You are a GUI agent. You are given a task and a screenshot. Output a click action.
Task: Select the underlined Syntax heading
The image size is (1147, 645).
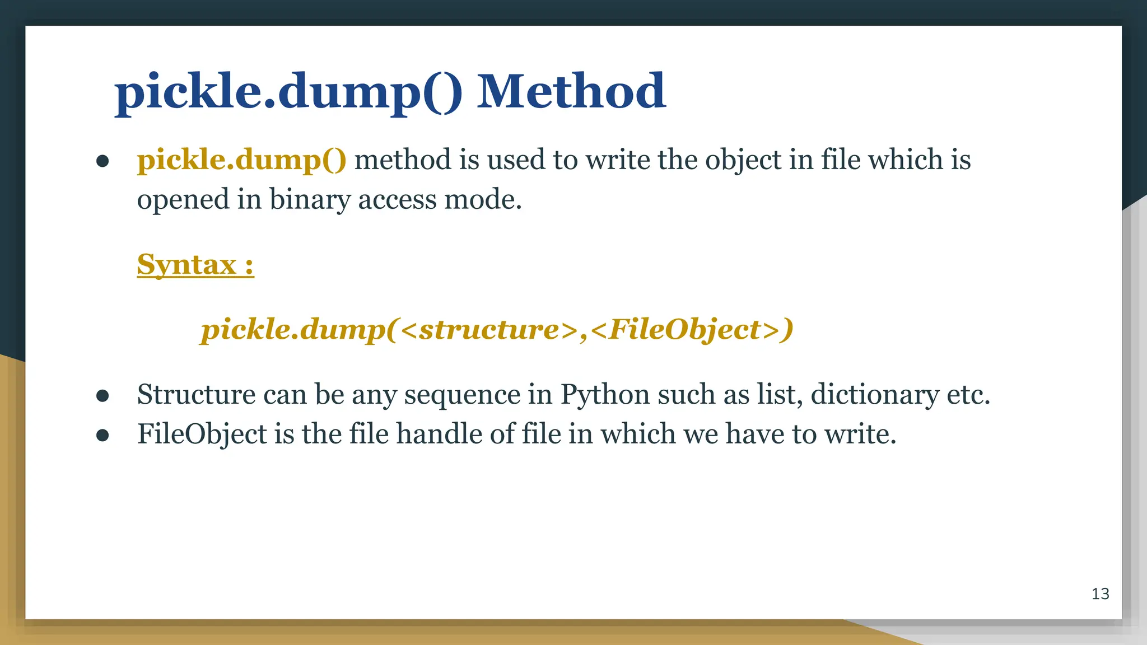point(195,264)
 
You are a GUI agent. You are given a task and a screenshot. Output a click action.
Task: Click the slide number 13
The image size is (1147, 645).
point(1100,593)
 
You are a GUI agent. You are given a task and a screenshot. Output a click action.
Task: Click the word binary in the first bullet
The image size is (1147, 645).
point(310,199)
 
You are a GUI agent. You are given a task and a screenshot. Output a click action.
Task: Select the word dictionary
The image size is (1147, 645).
point(874,395)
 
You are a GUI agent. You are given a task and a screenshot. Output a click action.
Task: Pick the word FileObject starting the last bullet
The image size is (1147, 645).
point(202,434)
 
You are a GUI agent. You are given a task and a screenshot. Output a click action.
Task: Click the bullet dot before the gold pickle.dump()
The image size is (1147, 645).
point(102,161)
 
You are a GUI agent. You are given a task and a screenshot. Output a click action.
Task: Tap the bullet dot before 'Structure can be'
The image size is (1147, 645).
point(102,396)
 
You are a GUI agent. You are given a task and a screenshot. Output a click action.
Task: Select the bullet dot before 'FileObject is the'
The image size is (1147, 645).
point(102,436)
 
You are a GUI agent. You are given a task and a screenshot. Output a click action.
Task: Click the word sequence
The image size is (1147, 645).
point(462,395)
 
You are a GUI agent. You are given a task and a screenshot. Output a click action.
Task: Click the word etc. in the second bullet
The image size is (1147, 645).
point(968,395)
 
